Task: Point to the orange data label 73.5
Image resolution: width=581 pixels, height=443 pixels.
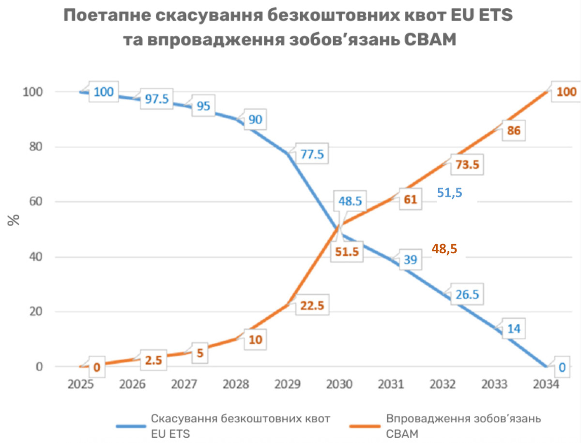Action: pos(467,165)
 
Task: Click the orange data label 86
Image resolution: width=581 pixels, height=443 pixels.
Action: pos(513,131)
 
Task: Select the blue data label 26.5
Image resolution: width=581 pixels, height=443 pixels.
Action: pos(467,295)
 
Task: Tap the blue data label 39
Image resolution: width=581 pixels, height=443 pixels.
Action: pos(410,260)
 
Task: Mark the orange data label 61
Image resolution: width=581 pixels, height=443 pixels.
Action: pos(410,199)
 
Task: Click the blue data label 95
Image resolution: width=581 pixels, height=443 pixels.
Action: pos(203,106)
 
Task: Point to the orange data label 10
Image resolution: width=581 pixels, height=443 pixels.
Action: pos(255,340)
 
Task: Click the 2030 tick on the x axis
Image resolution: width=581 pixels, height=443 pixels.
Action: pos(339,384)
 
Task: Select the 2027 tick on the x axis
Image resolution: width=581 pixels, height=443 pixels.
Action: pos(184,384)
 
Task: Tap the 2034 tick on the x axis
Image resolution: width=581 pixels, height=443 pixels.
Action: pos(546,384)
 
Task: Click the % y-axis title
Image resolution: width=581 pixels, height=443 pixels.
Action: pos(15,220)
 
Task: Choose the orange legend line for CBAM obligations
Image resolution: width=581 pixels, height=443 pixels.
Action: pos(366,426)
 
